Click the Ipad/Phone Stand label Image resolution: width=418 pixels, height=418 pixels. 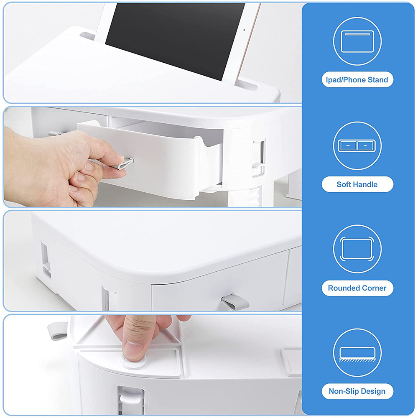tap(357, 80)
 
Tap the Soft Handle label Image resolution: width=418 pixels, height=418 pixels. tap(357, 184)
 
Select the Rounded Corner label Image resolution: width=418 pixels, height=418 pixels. tap(357, 288)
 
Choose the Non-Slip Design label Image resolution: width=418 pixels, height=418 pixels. tap(357, 392)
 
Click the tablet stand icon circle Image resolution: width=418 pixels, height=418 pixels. tap(357, 41)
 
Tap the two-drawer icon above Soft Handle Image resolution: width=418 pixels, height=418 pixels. tap(357, 145)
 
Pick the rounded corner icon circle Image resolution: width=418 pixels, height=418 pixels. tap(357, 249)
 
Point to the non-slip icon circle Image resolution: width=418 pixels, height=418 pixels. tap(357, 353)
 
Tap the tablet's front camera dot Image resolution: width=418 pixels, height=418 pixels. tap(244, 30)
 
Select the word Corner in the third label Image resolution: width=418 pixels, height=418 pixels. tap(375, 288)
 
